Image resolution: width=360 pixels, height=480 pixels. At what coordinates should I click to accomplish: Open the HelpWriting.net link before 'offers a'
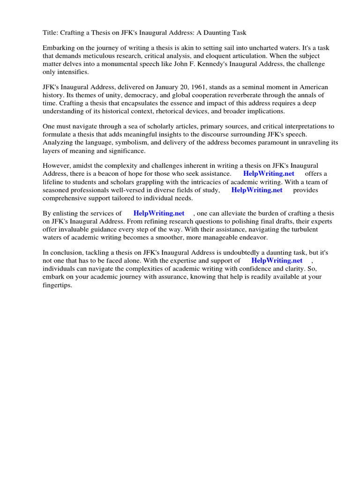269,174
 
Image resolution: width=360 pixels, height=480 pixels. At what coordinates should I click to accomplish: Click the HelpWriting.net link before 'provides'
257,190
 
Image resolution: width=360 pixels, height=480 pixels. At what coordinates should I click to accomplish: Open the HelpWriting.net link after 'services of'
159,213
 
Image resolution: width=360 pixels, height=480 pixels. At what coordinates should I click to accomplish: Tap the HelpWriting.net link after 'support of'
277,260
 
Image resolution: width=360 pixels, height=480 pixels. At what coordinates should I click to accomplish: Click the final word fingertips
57,284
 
